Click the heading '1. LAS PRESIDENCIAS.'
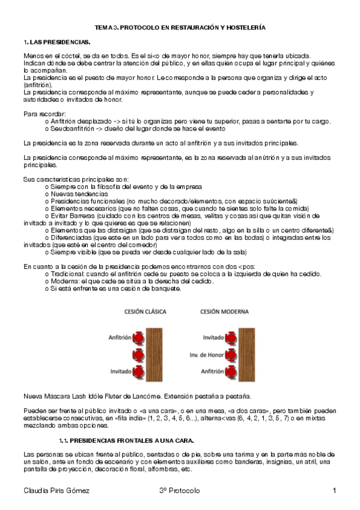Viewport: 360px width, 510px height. pyautogui.click(x=56, y=42)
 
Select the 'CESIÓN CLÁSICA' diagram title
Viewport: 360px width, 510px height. pyautogui.click(x=145, y=312)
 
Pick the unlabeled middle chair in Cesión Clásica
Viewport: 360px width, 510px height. pyautogui.click(x=138, y=354)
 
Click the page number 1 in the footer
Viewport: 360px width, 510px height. pyautogui.click(x=334, y=491)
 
